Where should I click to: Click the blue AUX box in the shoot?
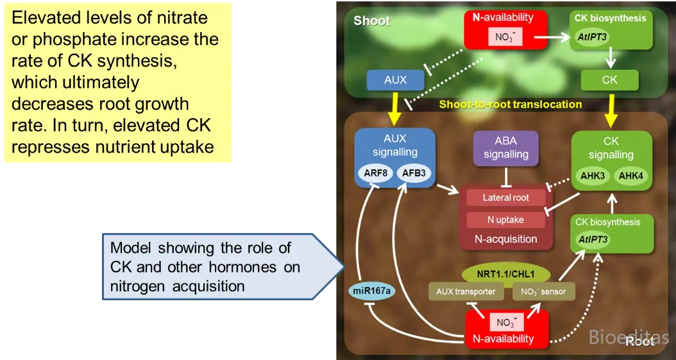coord(395,80)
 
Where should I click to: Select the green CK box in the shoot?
coord(609,80)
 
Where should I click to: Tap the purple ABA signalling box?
coord(506,148)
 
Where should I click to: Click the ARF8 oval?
coord(375,173)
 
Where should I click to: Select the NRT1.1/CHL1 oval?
coord(506,273)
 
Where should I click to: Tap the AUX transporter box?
coord(466,291)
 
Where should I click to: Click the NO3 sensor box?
coord(543,291)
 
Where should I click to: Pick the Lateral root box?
coord(505,198)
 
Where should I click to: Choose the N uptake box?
coord(505,220)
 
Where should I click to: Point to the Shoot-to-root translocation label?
coord(511,104)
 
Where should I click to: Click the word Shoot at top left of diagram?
coord(372,21)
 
